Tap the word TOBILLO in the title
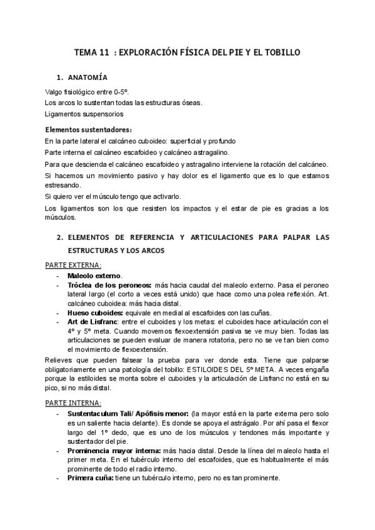pyautogui.click(x=281, y=53)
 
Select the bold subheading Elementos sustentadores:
pyautogui.click(x=89, y=130)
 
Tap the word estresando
pyautogui.click(x=62, y=186)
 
